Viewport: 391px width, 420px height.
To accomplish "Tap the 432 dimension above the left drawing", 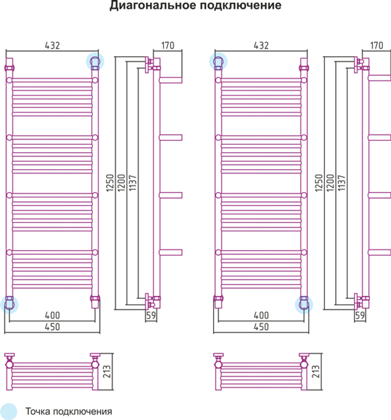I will [52, 45].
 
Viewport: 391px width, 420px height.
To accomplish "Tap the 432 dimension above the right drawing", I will [261, 45].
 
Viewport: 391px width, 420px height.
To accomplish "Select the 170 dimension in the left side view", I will [167, 45].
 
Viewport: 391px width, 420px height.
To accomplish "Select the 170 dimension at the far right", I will [376, 45].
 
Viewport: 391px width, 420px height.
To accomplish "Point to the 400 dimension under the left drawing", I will [52, 315].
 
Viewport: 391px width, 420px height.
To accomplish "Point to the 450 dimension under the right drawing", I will [261, 327].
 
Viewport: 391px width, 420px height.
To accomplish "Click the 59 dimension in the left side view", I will [151, 315].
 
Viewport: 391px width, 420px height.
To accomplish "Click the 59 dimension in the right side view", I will [360, 315].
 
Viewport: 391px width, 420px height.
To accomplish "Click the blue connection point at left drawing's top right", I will [95, 61].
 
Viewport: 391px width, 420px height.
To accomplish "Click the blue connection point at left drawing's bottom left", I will [9, 304].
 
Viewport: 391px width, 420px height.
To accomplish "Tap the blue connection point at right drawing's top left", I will [218, 61].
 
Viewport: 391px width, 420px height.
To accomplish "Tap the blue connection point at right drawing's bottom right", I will [304, 304].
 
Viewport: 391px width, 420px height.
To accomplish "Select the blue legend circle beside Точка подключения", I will [9, 411].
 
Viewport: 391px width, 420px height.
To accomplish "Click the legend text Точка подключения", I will [69, 412].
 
